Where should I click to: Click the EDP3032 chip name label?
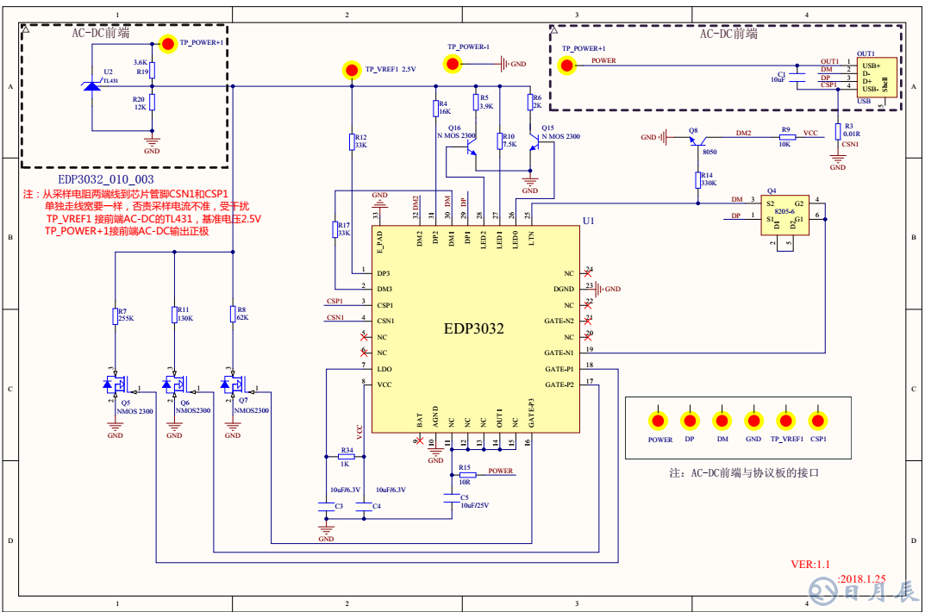(473, 328)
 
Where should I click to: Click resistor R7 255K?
(115, 316)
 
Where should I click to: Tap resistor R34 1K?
(347, 457)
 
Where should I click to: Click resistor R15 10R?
(466, 474)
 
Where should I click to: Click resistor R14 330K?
(698, 179)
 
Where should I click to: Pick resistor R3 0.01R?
(837, 131)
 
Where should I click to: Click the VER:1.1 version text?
(809, 565)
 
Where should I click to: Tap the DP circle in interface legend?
(690, 421)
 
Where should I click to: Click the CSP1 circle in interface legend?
(818, 421)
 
